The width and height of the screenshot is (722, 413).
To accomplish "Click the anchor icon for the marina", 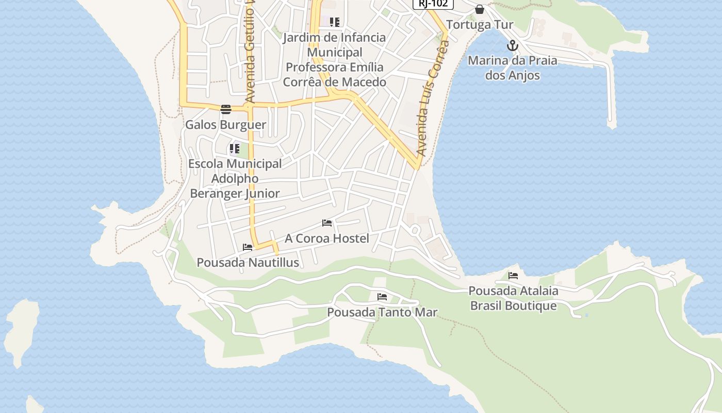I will click(512, 46).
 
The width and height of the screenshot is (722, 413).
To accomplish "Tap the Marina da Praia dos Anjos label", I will click(512, 68).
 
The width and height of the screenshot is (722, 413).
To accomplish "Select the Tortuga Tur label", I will click(480, 25).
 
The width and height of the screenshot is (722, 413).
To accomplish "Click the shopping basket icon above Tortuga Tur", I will click(480, 9).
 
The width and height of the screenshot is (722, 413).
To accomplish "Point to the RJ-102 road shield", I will click(433, 4).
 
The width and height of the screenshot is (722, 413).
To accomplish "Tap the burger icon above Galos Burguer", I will click(225, 109).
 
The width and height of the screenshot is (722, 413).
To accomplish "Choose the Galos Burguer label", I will click(226, 125).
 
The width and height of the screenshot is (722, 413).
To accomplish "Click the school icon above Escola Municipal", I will click(235, 149).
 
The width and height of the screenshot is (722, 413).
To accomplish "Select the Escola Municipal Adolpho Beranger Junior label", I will click(235, 179).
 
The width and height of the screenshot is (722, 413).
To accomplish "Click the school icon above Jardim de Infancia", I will click(335, 22).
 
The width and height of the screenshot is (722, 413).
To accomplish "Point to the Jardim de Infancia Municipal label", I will click(334, 60).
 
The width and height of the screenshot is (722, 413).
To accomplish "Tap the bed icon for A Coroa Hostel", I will click(327, 223).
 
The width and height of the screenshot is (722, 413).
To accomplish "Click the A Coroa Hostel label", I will click(327, 239).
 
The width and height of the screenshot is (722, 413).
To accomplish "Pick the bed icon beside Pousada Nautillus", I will click(248, 247).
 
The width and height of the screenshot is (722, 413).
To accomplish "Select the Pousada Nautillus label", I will click(248, 263).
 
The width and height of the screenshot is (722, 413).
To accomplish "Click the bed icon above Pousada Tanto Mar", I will click(382, 297).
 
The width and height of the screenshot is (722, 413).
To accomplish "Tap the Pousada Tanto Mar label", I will click(382, 312).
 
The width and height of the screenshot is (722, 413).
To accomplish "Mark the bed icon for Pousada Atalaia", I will click(513, 276).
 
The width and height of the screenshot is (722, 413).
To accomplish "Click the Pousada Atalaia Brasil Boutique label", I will click(513, 298).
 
